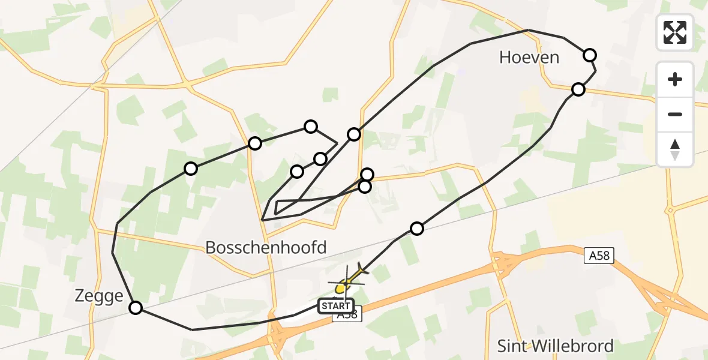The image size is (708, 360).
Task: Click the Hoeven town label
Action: pyautogui.click(x=529, y=58)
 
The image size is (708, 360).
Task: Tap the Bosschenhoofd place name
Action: pyautogui.click(x=266, y=247)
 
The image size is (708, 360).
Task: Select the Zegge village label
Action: pyautogui.click(x=99, y=296)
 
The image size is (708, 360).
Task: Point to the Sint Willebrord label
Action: pyautogui.click(x=556, y=346)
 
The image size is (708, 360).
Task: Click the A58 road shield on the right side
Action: pyautogui.click(x=599, y=256)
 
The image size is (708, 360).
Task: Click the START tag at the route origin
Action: pyautogui.click(x=337, y=306)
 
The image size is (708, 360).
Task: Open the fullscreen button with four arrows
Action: pyautogui.click(x=675, y=32)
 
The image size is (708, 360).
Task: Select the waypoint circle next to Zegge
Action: pyautogui.click(x=136, y=308)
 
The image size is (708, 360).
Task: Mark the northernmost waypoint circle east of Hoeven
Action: pyautogui.click(x=590, y=55)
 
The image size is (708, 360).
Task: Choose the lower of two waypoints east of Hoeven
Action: pyautogui.click(x=578, y=89)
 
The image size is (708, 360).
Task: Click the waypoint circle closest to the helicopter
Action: pyautogui.click(x=417, y=228)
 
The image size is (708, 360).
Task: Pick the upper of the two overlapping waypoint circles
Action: pyautogui.click(x=367, y=175)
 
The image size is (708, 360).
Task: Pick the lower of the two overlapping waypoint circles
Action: pyautogui.click(x=364, y=187)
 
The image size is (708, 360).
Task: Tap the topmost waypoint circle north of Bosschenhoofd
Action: pyautogui.click(x=310, y=126)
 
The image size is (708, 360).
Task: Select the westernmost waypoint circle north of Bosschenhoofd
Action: pyautogui.click(x=191, y=169)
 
